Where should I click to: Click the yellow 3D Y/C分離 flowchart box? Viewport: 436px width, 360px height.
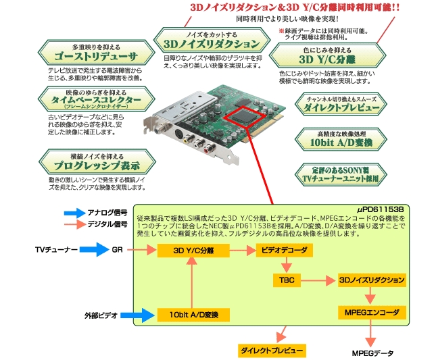[193, 251]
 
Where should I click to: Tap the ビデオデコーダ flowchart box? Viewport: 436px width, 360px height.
[285, 251]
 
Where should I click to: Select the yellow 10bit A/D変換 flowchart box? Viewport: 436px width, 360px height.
[193, 314]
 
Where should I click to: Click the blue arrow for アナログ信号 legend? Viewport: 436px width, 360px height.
[72, 213]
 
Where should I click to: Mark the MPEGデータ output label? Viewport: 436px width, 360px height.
[372, 353]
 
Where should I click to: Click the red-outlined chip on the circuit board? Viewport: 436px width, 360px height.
[242, 116]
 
